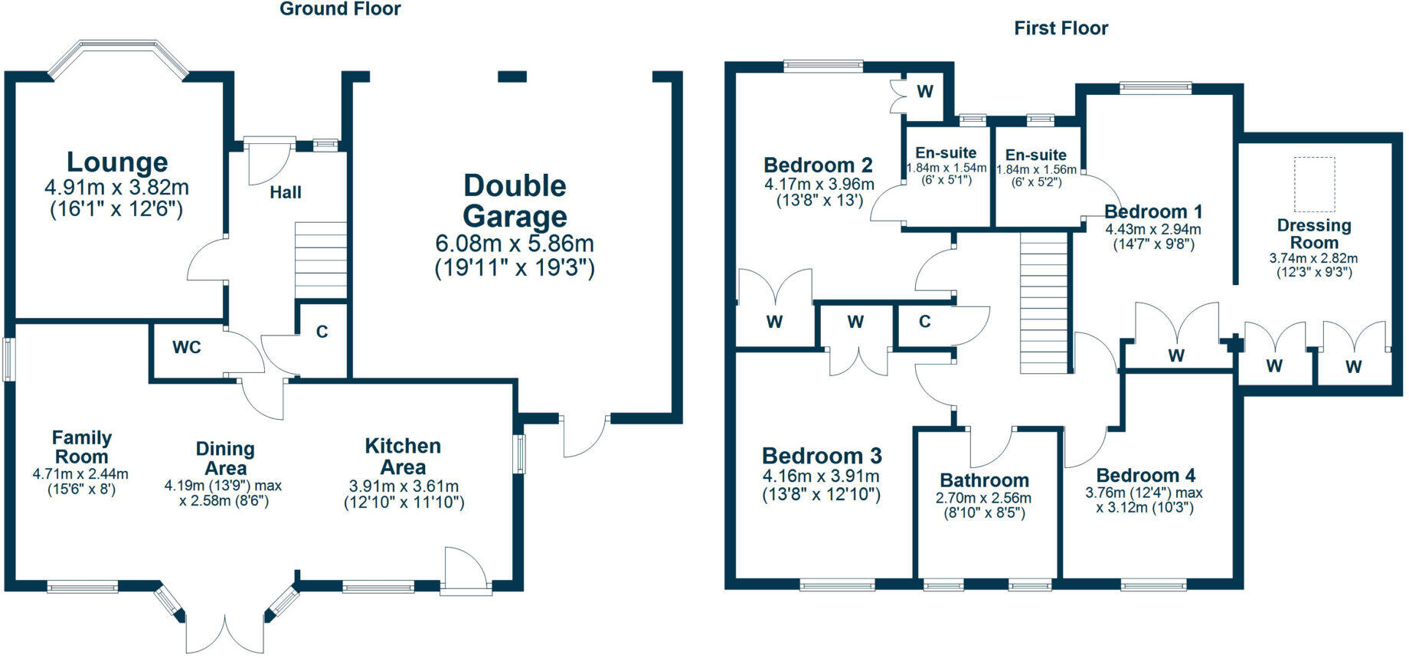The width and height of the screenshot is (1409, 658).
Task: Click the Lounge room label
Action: point(117,162)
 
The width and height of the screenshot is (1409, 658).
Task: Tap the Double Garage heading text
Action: point(515,201)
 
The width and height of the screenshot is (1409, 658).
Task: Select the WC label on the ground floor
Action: point(186,348)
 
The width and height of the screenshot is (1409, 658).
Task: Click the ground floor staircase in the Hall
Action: point(321,260)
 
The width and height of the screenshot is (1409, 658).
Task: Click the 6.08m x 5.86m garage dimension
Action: point(515,244)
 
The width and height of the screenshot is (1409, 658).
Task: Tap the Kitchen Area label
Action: point(403,457)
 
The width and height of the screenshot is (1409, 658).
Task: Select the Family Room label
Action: point(82,447)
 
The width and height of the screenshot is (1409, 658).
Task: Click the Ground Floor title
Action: point(340,9)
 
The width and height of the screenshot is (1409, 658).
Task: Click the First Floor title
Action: point(1061,28)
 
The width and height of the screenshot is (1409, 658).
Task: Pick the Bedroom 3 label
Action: point(822,457)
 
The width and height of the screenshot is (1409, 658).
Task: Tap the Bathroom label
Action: point(984,481)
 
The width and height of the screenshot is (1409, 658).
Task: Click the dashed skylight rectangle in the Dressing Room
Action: point(1315,185)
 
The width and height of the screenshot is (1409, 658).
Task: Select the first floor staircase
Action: point(1044,303)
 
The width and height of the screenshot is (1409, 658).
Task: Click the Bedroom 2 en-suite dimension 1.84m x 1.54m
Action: point(946,168)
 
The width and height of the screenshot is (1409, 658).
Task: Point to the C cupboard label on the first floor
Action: point(924,322)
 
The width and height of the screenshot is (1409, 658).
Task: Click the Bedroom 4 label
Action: point(1146,476)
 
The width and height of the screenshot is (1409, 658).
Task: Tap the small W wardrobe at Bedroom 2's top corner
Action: point(925,92)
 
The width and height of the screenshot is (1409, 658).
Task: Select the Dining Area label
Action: point(225,459)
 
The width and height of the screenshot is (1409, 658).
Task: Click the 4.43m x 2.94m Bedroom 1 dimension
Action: point(1152,229)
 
